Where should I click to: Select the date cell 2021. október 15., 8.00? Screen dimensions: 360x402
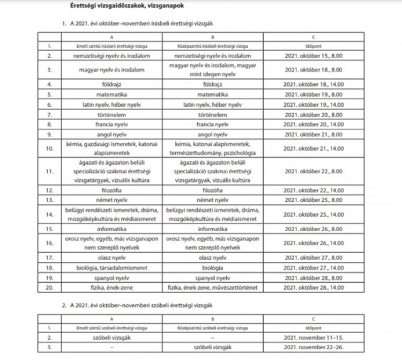tap(313, 55)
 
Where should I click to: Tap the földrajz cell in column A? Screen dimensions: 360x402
tap(111, 84)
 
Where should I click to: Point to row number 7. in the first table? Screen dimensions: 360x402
tap(49, 114)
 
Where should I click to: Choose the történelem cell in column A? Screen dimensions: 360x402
tap(111, 114)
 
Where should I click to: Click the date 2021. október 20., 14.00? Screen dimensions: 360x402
tap(313, 124)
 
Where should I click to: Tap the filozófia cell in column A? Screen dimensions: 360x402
tap(111, 189)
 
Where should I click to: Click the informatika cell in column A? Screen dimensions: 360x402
tap(111, 228)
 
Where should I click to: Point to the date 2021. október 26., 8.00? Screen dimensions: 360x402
tap(313, 228)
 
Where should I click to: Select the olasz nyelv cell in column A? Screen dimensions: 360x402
tap(111, 258)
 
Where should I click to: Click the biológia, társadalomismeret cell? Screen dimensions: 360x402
tap(111, 268)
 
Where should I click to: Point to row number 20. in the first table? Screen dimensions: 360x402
tap(49, 288)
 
